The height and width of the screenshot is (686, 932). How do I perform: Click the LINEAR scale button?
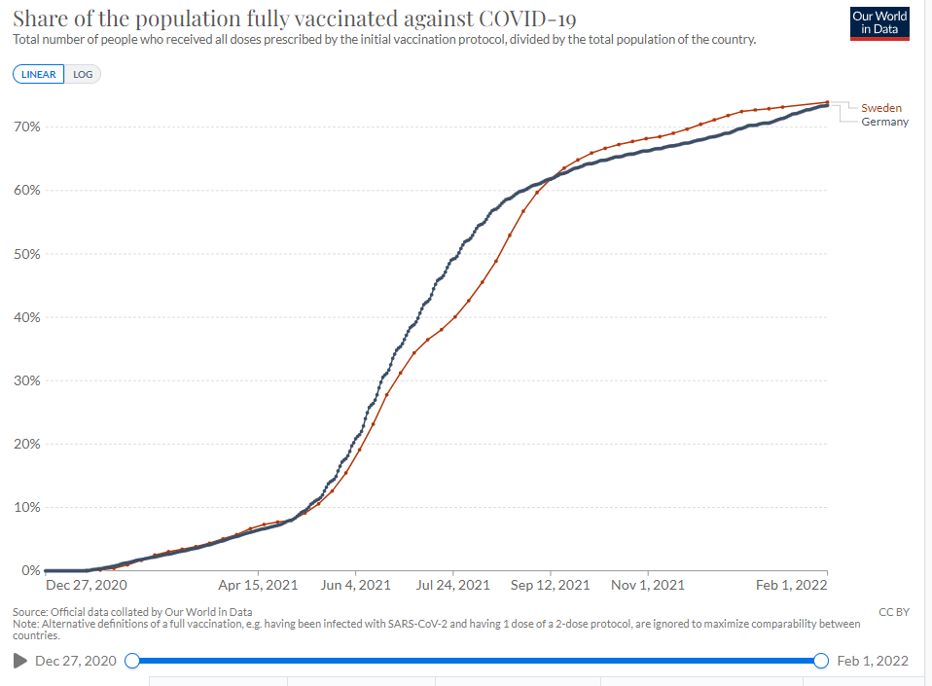pyautogui.click(x=39, y=74)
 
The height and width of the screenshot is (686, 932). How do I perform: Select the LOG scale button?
pyautogui.click(x=83, y=74)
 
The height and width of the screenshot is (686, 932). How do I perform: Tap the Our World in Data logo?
pyautogui.click(x=878, y=24)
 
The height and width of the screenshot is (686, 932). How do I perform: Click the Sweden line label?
pyautogui.click(x=881, y=107)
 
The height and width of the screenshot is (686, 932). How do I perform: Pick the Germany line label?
pyautogui.click(x=884, y=122)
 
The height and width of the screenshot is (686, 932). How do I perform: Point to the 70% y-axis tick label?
pyautogui.click(x=26, y=126)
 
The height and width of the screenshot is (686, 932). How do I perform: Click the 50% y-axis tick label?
pyautogui.click(x=26, y=254)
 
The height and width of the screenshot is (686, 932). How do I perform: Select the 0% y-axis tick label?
pyautogui.click(x=30, y=570)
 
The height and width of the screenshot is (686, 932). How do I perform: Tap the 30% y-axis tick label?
pyautogui.click(x=26, y=380)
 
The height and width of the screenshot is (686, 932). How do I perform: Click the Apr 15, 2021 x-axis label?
pyautogui.click(x=258, y=585)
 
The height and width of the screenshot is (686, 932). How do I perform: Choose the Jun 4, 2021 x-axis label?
pyautogui.click(x=355, y=585)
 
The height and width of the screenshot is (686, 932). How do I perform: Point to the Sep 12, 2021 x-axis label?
pyautogui.click(x=550, y=585)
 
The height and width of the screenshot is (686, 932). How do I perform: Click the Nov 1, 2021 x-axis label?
pyautogui.click(x=648, y=585)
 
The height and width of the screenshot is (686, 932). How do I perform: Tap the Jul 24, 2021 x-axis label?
pyautogui.click(x=452, y=585)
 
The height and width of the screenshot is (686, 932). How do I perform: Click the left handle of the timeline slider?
pyautogui.click(x=132, y=661)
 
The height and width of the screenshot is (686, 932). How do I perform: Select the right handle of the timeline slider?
pyautogui.click(x=820, y=661)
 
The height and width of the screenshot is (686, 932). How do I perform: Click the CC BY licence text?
pyautogui.click(x=893, y=611)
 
